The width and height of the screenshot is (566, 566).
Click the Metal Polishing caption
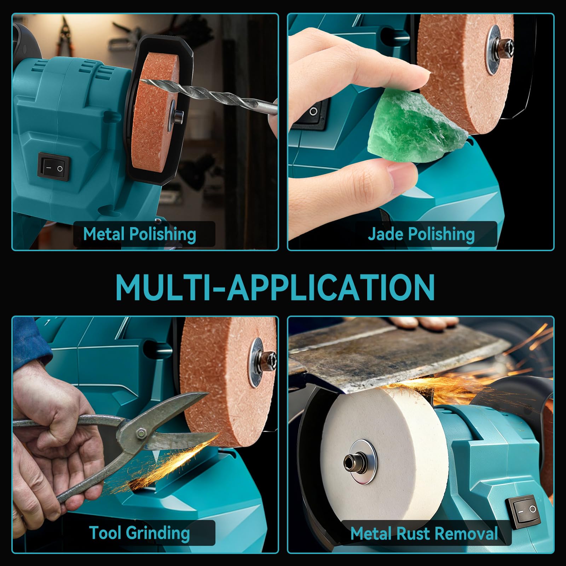139,234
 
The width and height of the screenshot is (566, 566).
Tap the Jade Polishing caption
421,234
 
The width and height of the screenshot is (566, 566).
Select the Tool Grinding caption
139,533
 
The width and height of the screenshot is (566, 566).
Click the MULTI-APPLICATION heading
275,287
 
